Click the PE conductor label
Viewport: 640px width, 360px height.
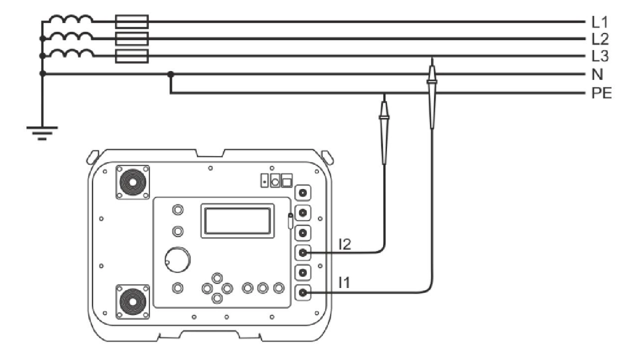tap(601, 93)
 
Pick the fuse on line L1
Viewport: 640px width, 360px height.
tap(131, 21)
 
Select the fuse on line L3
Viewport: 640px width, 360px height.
tap(131, 56)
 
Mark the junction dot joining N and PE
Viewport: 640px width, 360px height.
tap(170, 74)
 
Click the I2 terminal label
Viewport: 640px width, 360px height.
tap(345, 244)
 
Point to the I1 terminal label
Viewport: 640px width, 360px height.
tap(345, 283)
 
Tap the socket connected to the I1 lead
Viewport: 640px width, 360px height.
tap(302, 292)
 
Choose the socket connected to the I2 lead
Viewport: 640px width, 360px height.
tap(302, 253)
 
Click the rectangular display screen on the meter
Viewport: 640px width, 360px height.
tap(237, 220)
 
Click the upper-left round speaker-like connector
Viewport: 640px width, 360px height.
tap(133, 182)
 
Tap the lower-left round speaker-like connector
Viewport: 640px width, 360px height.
tap(133, 301)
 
